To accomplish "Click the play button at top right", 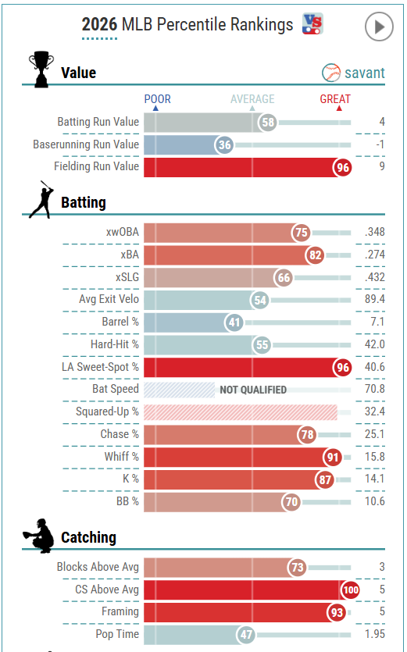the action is [x=379, y=27].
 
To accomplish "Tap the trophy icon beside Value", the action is [x=41, y=69].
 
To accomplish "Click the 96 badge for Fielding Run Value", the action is [x=343, y=168].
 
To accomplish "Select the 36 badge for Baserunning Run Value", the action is [x=225, y=145].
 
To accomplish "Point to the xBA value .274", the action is [x=374, y=255].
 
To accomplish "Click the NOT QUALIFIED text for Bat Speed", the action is [x=253, y=390].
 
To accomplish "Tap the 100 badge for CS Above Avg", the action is [x=351, y=590].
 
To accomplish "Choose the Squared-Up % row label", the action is [x=107, y=412].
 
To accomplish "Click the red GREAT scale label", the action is [x=335, y=99].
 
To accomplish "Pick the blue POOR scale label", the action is [x=157, y=99].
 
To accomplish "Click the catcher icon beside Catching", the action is [x=39, y=536].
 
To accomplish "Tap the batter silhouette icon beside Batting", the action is [x=41, y=200].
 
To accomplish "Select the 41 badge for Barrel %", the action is [x=234, y=322].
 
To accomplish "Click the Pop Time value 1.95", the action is [x=374, y=634].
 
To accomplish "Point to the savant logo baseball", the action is [x=331, y=73].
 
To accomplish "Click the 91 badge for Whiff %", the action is [x=333, y=458].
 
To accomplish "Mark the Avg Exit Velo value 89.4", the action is [x=374, y=299].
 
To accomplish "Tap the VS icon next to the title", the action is [x=312, y=23].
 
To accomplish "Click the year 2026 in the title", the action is [x=99, y=24].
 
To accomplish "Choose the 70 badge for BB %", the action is [x=291, y=502].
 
